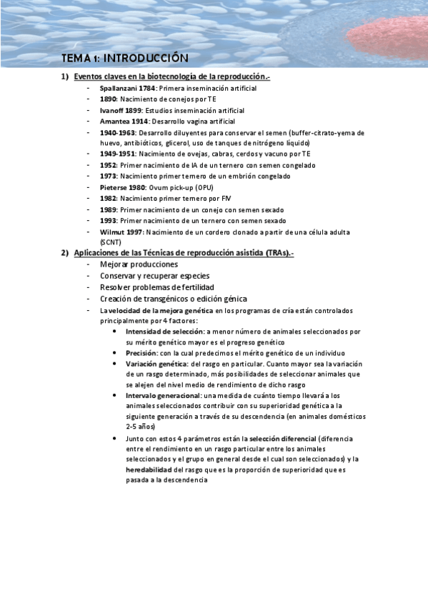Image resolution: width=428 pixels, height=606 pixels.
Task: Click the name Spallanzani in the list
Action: point(119,87)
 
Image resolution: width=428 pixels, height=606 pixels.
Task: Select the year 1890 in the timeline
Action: point(109,99)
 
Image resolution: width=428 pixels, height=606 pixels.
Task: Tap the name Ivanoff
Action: point(112,110)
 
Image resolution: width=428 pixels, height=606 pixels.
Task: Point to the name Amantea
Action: point(114,121)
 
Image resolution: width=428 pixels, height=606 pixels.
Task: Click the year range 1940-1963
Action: point(118,133)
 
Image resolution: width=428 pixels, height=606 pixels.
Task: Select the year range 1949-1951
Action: point(118,153)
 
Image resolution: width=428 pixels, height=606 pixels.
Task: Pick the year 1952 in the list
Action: point(109,164)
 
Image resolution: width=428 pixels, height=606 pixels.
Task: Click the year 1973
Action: point(109,176)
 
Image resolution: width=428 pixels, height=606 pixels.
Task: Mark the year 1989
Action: point(109,210)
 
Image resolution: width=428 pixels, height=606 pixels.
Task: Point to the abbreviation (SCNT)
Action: point(111,242)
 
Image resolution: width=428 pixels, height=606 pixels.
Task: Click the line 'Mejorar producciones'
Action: point(139,264)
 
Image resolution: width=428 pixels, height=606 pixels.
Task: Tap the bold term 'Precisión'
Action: point(141,352)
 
